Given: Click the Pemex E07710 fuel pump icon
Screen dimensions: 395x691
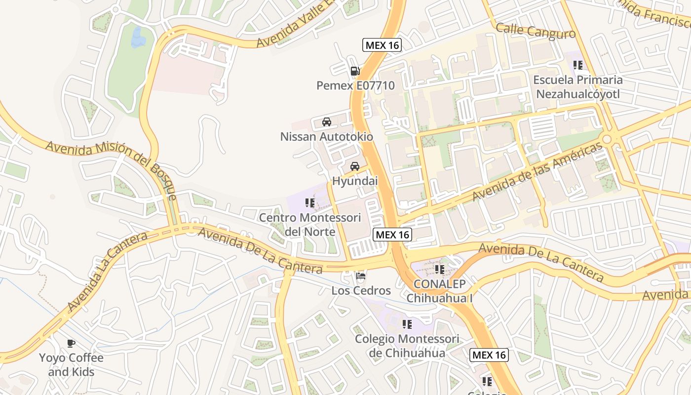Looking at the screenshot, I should click(x=354, y=71).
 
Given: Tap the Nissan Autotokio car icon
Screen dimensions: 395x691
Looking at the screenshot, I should click(x=326, y=121).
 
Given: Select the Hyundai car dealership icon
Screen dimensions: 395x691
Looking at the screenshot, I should click(x=354, y=166).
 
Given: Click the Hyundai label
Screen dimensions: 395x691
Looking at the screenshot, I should click(x=354, y=181).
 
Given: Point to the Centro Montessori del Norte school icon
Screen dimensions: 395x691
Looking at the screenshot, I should click(x=310, y=202).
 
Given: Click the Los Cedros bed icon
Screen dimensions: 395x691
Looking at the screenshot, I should click(x=361, y=276).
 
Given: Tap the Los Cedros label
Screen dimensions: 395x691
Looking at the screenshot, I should click(x=361, y=290).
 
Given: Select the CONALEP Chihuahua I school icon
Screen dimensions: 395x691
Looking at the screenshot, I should click(x=439, y=270).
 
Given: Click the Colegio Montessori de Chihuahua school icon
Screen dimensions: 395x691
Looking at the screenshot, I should click(x=407, y=324).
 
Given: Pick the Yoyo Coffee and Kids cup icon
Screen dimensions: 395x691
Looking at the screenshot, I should click(x=71, y=343).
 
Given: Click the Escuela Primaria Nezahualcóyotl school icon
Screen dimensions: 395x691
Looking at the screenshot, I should click(x=578, y=65).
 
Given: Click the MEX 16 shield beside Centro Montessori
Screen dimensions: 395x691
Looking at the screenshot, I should click(x=392, y=235).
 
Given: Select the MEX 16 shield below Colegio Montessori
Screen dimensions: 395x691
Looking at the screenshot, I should click(x=489, y=355).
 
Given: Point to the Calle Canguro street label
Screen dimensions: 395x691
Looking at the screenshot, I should click(x=536, y=31).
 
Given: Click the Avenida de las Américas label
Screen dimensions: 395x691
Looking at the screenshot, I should click(x=537, y=172).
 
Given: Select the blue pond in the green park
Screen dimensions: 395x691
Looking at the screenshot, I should click(x=136, y=38).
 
